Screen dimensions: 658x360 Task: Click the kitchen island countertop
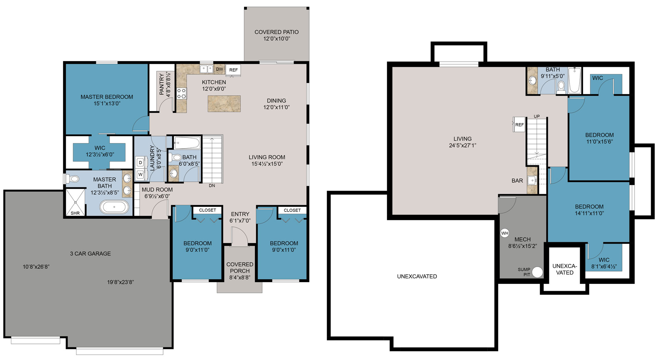point(224,104)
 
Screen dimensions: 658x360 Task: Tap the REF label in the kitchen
point(233,70)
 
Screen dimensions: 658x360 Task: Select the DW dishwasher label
point(219,69)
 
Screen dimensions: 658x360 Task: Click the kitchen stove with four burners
point(181,94)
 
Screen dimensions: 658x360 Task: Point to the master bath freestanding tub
point(114,207)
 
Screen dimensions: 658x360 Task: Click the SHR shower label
point(75,213)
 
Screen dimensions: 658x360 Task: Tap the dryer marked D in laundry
point(141,163)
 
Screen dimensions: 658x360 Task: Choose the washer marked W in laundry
point(141,175)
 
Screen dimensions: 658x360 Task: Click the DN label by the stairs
point(212,185)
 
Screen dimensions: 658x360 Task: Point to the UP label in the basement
point(537,117)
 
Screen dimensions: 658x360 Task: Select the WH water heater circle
point(505,233)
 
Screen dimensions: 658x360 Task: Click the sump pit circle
point(538,272)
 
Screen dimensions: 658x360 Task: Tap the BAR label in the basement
point(517,181)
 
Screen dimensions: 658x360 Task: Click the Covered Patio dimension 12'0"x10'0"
point(277,39)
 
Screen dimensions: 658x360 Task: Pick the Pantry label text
point(162,84)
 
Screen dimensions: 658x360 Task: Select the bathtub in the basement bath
point(574,81)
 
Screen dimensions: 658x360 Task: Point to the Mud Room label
point(157,190)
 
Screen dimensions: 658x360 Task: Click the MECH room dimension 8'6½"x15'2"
point(522,246)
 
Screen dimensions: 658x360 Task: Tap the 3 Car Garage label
point(90,254)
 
